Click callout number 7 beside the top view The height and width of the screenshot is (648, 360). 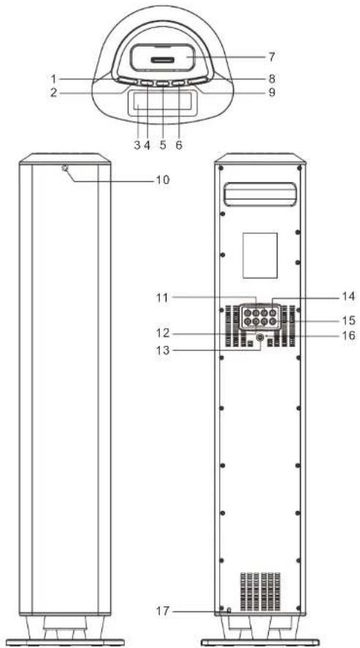pos(271,57)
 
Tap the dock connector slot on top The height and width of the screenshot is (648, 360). pos(162,61)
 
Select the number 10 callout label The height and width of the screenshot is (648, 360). pos(161,180)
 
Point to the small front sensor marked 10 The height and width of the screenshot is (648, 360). pos(65,168)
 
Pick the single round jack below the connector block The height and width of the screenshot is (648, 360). pos(260,338)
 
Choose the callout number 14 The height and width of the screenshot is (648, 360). pos(347,297)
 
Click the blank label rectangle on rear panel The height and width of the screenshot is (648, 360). pos(260,255)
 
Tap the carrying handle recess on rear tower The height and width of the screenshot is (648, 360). pos(260,194)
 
